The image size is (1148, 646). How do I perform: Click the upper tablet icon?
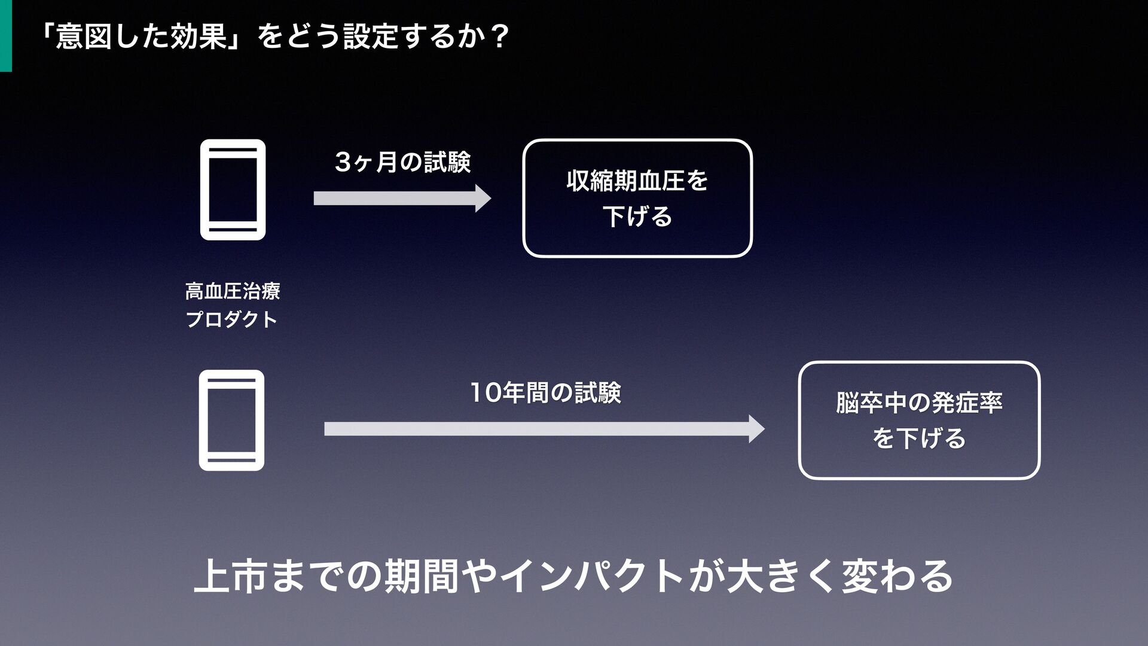pyautogui.click(x=233, y=190)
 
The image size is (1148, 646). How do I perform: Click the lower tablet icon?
pyautogui.click(x=231, y=420)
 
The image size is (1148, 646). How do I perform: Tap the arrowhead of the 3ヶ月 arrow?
pyautogui.click(x=483, y=198)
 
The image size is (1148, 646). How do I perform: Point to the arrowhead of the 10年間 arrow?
pyautogui.click(x=756, y=429)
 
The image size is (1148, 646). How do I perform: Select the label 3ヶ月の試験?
pyautogui.click(x=403, y=162)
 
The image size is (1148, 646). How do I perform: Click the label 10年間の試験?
pyautogui.click(x=545, y=393)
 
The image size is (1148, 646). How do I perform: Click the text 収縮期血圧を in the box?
pyautogui.click(x=637, y=180)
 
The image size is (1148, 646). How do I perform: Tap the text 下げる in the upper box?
pyautogui.click(x=637, y=216)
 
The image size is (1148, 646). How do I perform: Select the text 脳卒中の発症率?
pyautogui.click(x=919, y=403)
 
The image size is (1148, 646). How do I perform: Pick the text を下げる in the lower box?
pyautogui.click(x=919, y=438)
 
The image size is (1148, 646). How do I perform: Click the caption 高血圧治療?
pyautogui.click(x=233, y=292)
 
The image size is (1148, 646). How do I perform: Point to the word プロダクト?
pyautogui.click(x=232, y=319)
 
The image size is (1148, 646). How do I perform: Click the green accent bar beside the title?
pyautogui.click(x=5, y=36)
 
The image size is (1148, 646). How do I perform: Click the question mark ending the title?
pyautogui.click(x=497, y=38)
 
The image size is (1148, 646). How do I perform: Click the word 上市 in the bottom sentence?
pyautogui.click(x=231, y=575)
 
